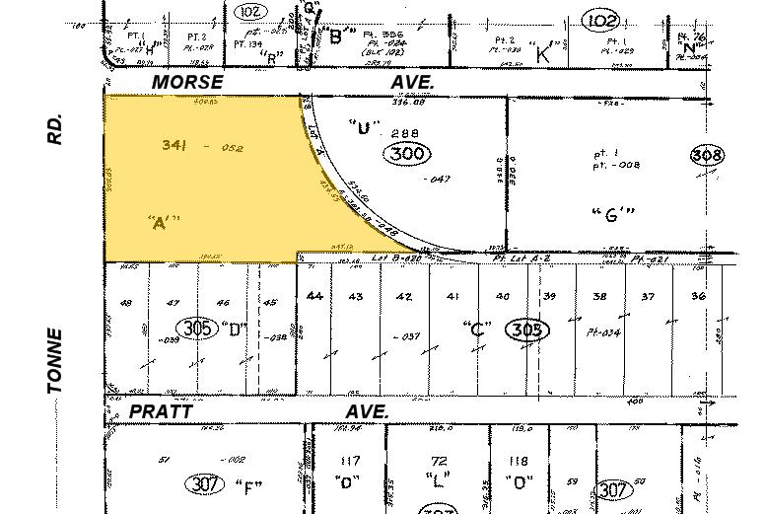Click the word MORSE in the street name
[187, 83]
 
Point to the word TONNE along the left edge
[55, 362]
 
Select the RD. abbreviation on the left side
[55, 129]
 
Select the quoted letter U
[365, 126]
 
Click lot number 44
[314, 296]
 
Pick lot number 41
[452, 296]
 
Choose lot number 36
[698, 297]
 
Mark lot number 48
[125, 304]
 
